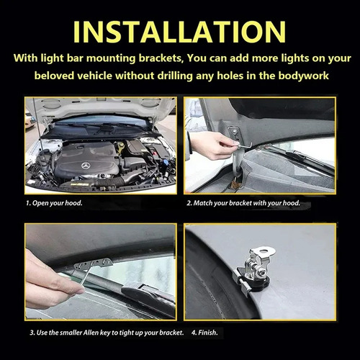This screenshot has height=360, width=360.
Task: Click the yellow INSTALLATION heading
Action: (179, 32)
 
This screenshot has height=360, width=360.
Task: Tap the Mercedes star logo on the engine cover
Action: (85, 166)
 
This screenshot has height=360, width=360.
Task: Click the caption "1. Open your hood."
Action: (54, 203)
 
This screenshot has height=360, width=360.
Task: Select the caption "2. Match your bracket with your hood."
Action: (243, 203)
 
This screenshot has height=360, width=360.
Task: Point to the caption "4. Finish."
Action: (204, 333)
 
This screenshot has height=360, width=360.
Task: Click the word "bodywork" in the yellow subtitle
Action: (303, 76)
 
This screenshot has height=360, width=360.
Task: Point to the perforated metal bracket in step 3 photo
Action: (93, 264)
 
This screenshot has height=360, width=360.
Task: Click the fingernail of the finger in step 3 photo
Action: (79, 291)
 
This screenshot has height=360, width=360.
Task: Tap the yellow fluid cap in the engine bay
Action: (120, 145)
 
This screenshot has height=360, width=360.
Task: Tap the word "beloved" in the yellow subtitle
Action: (54, 76)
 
